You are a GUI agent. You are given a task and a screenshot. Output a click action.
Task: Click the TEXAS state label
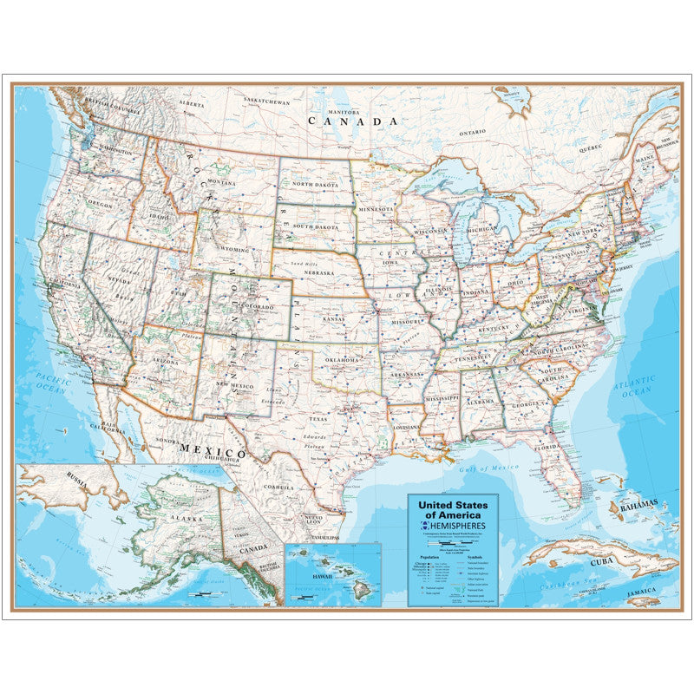[x=318, y=418]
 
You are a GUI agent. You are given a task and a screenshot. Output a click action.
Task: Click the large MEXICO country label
[x=213, y=451]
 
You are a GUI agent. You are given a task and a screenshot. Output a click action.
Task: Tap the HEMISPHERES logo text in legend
[x=460, y=526]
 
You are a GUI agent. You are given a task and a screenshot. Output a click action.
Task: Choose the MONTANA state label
[x=221, y=183]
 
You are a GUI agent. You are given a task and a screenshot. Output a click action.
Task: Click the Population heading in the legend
[x=429, y=558]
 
